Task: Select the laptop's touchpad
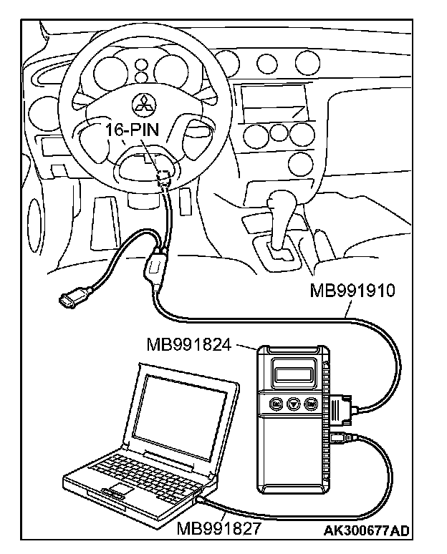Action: [x=118, y=490]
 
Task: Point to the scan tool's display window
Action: [x=294, y=371]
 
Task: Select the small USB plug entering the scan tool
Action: [x=339, y=437]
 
